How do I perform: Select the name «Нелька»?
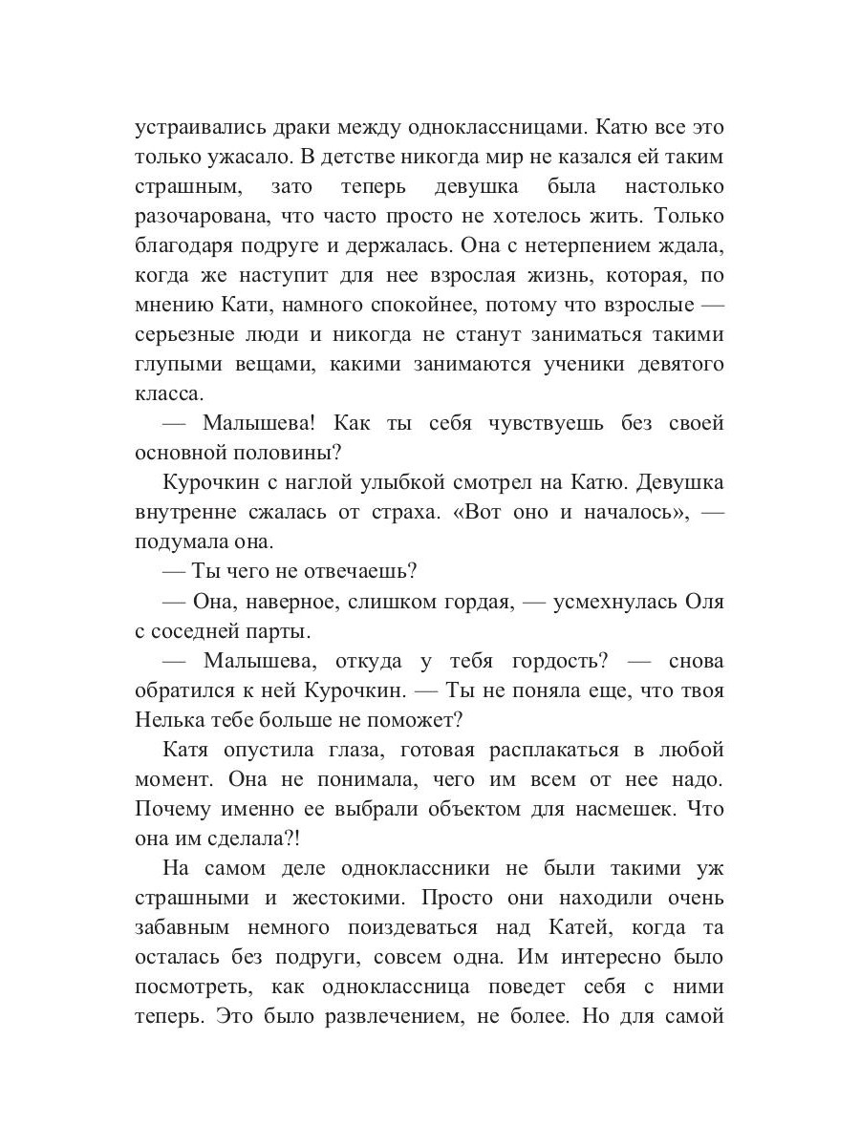(171, 720)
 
